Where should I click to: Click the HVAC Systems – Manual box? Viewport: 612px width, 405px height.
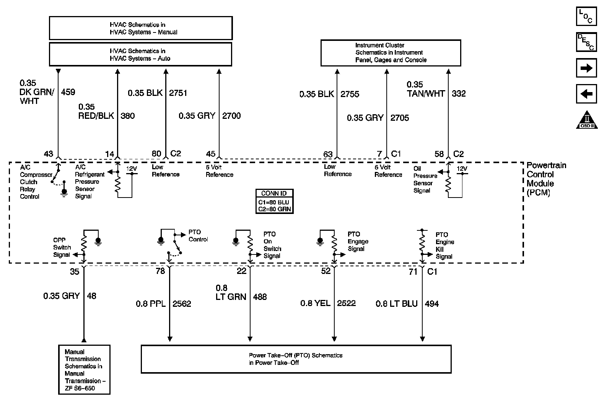click(x=141, y=28)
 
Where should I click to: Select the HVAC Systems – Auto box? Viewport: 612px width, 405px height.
click(x=140, y=54)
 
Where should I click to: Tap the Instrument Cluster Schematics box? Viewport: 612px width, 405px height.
click(x=391, y=53)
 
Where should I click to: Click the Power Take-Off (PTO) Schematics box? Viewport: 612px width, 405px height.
click(x=296, y=359)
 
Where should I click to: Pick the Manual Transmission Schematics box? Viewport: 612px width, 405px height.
click(x=85, y=369)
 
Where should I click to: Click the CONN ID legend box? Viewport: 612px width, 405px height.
click(x=274, y=201)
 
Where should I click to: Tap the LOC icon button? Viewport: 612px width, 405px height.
click(x=586, y=16)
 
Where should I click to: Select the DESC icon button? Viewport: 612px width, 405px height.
click(x=586, y=42)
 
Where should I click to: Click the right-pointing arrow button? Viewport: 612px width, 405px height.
click(x=586, y=68)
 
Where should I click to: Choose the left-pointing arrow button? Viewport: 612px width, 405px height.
click(x=586, y=94)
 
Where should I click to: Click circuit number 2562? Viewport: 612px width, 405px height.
click(x=182, y=304)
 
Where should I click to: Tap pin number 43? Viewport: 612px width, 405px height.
click(x=49, y=154)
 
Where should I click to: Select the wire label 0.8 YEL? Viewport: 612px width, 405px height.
click(x=315, y=303)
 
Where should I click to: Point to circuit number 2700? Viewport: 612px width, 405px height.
click(x=231, y=116)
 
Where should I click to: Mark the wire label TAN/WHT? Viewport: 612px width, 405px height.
click(x=426, y=94)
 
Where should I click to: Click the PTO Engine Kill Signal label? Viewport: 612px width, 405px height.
click(x=445, y=245)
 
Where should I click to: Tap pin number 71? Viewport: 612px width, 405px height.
click(x=413, y=272)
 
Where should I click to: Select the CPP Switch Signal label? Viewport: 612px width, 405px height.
click(x=62, y=247)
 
